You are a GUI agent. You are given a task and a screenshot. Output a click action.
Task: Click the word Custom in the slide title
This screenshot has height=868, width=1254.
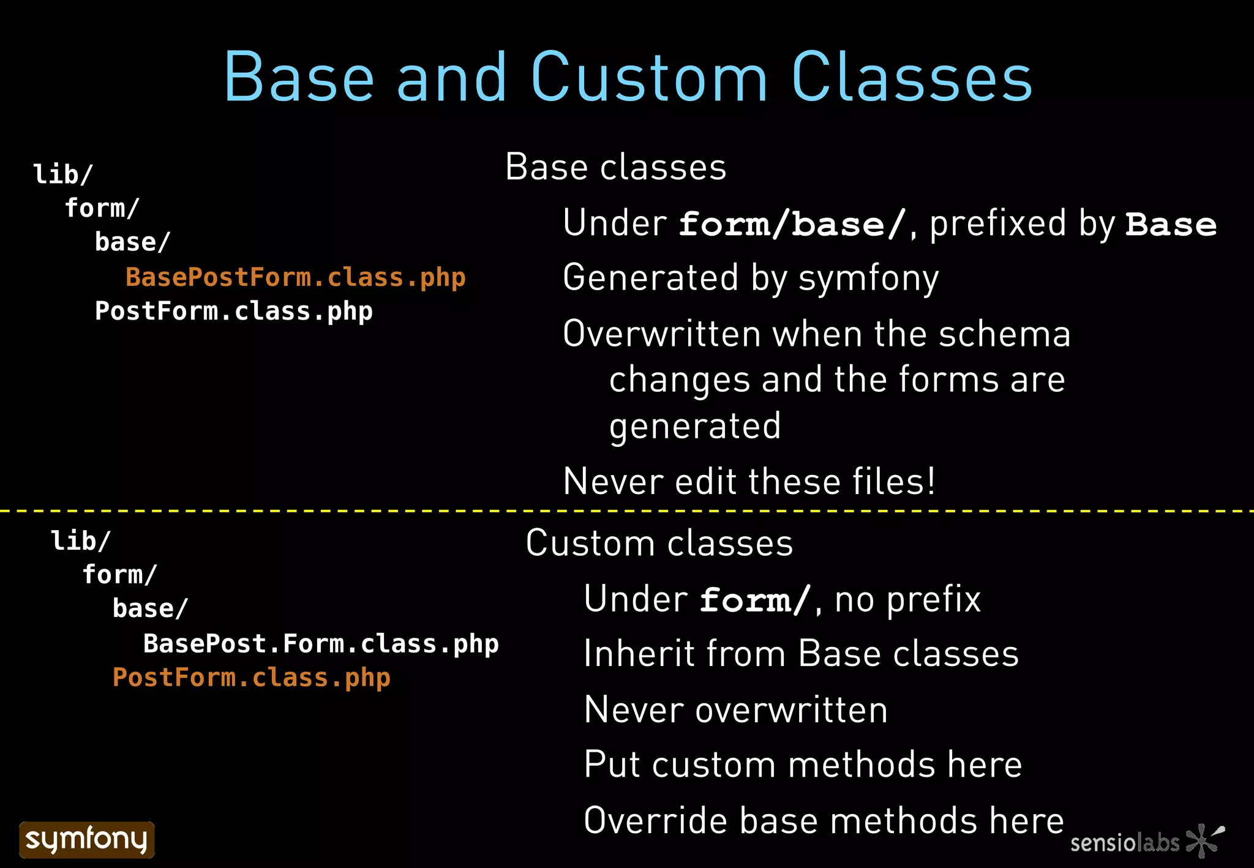pos(648,78)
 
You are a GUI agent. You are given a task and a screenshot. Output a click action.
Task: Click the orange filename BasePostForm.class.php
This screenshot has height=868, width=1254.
pos(295,277)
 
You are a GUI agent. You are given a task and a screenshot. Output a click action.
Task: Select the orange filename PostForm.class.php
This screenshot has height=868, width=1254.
pos(251,678)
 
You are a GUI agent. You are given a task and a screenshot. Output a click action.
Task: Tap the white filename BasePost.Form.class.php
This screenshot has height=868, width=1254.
pos(321,644)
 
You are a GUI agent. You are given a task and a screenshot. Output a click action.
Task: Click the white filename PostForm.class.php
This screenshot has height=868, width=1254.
pos(233,311)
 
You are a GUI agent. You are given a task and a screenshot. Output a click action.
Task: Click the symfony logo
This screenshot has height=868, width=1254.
pos(87,839)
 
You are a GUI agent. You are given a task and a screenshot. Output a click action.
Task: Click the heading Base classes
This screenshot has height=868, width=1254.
pos(615,167)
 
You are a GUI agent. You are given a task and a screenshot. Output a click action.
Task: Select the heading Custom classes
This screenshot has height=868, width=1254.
pos(659,543)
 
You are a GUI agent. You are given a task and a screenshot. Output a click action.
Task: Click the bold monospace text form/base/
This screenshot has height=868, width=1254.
pos(792,224)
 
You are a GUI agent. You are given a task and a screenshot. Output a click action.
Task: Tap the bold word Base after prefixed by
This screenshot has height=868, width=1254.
pos(1171,224)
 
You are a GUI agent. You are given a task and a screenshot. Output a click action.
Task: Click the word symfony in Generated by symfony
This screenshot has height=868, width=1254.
pos(868,279)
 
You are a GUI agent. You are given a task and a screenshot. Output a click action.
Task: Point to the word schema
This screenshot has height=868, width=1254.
pos(1004,334)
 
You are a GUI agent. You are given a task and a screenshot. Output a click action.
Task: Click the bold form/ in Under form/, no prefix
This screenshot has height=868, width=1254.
pos(755,600)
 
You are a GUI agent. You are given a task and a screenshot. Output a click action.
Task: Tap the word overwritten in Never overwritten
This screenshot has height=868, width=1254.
pos(791,709)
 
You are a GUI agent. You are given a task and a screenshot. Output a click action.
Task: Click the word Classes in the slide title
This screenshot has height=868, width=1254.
pos(912,78)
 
